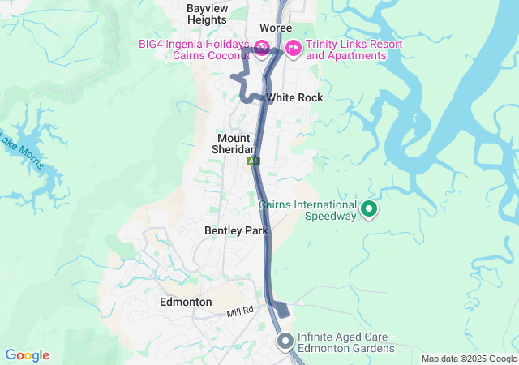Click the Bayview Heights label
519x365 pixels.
[x=207, y=13]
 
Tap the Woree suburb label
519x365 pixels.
[x=276, y=28]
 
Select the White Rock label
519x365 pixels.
[x=294, y=97]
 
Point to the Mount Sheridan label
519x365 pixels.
[x=234, y=144]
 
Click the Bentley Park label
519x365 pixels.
[x=236, y=230]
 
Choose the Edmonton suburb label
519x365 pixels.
[x=186, y=302]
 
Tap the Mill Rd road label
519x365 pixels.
[x=240, y=311]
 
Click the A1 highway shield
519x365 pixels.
[x=255, y=162]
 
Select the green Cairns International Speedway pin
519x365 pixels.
[x=370, y=210]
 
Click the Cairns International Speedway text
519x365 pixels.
[x=307, y=210]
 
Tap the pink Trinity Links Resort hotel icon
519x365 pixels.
[x=293, y=49]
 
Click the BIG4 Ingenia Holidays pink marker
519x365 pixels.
[x=261, y=49]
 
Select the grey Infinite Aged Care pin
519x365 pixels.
[x=285, y=341]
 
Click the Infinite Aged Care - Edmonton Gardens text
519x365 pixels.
[x=345, y=342]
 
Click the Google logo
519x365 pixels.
[x=27, y=355]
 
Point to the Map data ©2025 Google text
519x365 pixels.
[x=468, y=359]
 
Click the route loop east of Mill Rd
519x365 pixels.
[x=279, y=309]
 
